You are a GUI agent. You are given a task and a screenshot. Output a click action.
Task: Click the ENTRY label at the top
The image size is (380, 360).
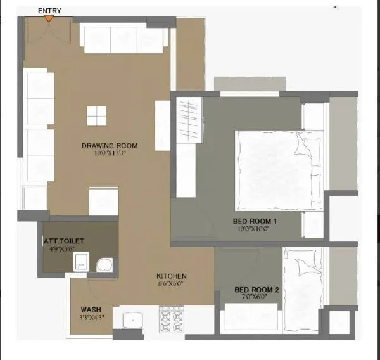(49, 11)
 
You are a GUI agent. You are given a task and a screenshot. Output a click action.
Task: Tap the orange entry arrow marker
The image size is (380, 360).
(49, 19)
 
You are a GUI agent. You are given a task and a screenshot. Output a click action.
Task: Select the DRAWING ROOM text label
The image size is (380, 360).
(109, 146)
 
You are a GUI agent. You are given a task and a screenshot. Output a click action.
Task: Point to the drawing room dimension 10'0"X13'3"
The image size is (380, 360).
(109, 153)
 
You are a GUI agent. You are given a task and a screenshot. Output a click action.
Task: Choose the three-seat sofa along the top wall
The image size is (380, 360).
(123, 40)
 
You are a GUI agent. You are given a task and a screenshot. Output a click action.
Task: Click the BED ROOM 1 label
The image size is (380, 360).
(255, 221)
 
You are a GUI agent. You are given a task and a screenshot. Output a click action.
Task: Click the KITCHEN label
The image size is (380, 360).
(172, 276)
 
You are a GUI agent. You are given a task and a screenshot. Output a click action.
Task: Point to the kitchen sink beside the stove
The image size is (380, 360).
(134, 320)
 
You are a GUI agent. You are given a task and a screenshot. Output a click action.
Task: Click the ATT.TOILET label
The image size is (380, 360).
(64, 241)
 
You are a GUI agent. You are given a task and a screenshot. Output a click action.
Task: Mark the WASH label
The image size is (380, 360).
(90, 309)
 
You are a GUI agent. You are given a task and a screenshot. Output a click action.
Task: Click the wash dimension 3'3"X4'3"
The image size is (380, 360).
(91, 317)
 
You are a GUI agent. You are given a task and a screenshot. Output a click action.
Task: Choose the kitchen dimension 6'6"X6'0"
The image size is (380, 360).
(172, 285)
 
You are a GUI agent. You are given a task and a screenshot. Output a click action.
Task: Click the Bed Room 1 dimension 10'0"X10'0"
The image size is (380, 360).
(255, 229)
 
